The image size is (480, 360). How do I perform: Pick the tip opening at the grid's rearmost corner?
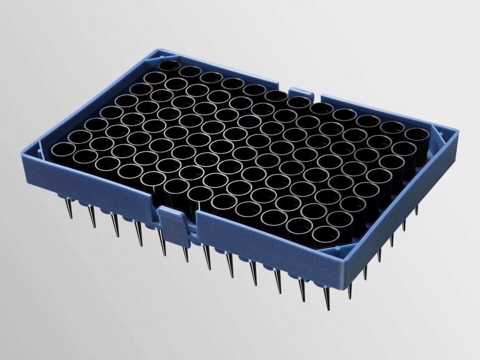[169, 68]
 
